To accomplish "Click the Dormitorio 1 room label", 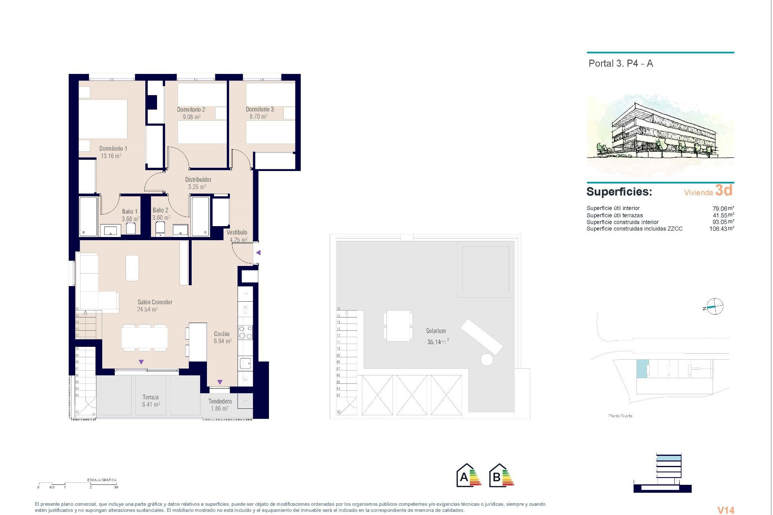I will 113,148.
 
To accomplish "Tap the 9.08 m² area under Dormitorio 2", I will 192,117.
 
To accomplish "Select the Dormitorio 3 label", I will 260,109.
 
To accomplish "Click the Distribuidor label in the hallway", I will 198,179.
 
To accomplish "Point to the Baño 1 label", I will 130,212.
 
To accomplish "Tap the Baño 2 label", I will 160,210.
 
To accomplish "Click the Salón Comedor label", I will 155,302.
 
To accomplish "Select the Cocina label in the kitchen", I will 222,334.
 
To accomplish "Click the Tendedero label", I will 220,401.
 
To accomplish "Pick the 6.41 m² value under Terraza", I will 151,404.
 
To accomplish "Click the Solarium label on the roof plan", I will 436,331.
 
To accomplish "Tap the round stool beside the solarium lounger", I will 487,359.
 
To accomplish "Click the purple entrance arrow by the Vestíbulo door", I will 258,253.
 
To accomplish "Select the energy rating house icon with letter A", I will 469,476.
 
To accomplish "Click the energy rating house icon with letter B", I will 501,476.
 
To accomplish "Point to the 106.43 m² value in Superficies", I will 721,229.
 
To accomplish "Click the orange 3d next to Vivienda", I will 723,190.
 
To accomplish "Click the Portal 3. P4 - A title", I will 620,64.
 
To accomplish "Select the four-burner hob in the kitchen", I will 245,332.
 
